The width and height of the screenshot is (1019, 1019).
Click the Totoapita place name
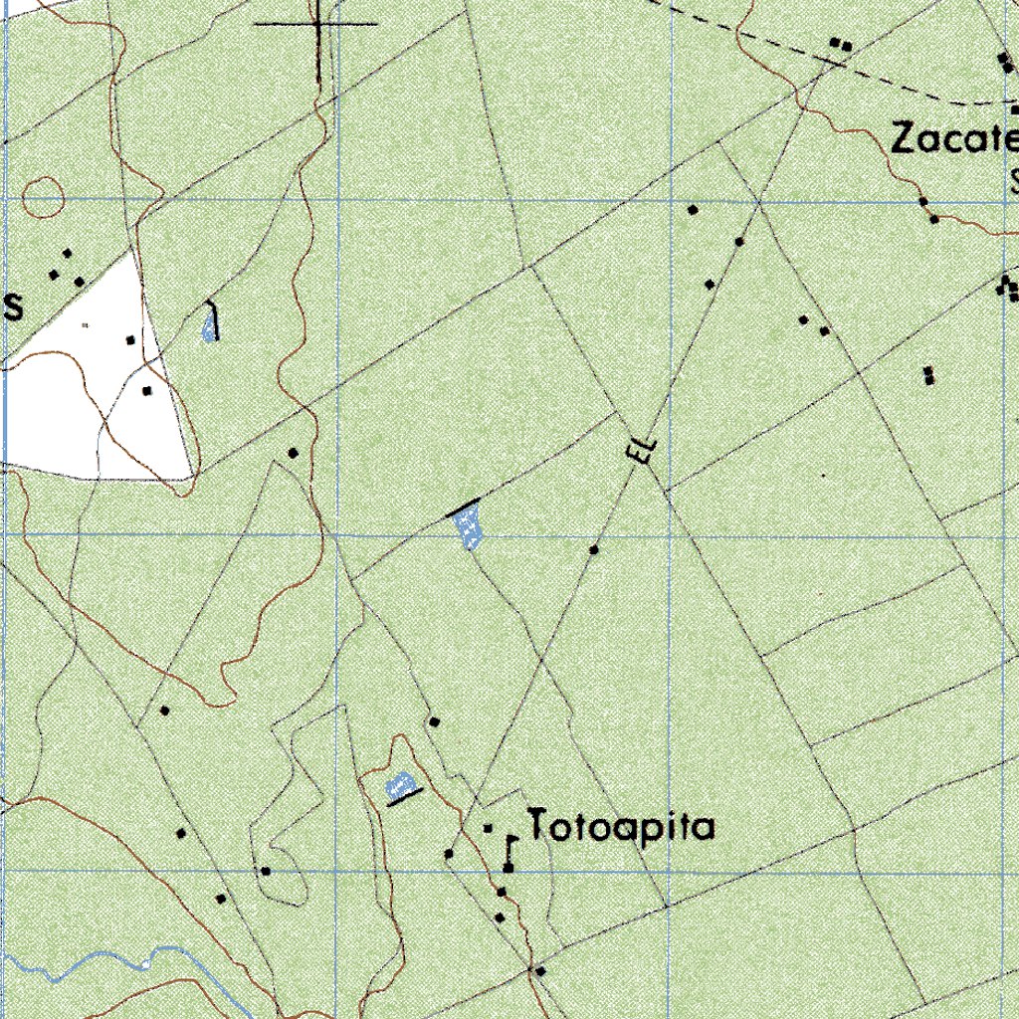point(621,827)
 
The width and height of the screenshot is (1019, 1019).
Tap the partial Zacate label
point(953,139)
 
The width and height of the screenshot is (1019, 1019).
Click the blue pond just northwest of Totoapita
point(399,783)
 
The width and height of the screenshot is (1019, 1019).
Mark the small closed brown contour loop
point(42,197)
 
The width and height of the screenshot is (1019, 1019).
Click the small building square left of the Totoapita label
point(488,827)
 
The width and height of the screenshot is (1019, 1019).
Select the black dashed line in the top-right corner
point(896,80)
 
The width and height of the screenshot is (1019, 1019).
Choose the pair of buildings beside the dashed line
point(842,43)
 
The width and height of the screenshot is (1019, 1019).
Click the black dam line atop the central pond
point(464,508)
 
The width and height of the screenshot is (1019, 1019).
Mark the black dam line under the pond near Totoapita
point(404,796)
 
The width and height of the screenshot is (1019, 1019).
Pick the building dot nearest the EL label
point(594,549)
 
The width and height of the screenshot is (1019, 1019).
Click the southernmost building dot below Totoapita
point(539,969)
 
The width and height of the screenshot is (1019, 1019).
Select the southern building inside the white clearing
point(147,390)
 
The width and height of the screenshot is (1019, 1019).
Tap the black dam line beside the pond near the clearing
point(214,318)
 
